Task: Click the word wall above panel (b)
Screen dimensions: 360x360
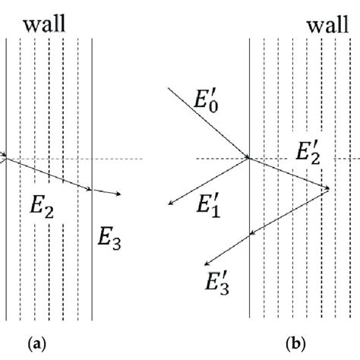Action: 327,27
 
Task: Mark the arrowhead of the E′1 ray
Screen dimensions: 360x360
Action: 170,204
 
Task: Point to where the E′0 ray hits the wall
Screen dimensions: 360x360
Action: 250,159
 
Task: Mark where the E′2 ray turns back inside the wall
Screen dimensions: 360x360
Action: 328,188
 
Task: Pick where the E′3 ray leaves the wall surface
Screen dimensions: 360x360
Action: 250,235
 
